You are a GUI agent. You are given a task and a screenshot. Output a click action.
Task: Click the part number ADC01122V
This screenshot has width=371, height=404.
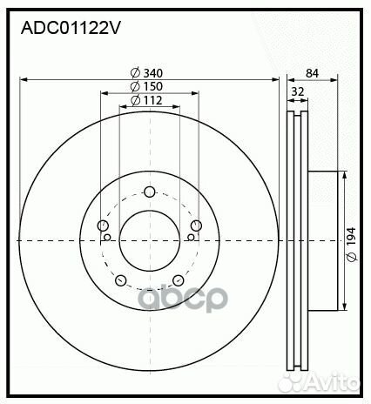click(x=71, y=28)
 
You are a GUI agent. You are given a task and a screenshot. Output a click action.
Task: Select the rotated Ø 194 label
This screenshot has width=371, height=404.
click(x=351, y=238)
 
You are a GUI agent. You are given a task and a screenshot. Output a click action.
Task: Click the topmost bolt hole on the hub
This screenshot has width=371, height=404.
click(x=149, y=192)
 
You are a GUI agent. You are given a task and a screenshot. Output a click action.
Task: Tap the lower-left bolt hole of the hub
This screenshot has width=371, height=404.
click(x=120, y=280)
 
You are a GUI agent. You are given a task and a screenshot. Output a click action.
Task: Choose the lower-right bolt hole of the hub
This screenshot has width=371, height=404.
click(x=178, y=280)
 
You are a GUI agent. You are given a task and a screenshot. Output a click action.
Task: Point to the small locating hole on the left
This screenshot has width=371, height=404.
click(x=107, y=236)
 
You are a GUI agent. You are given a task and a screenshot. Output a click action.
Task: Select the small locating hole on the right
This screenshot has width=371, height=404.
click(x=191, y=236)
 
